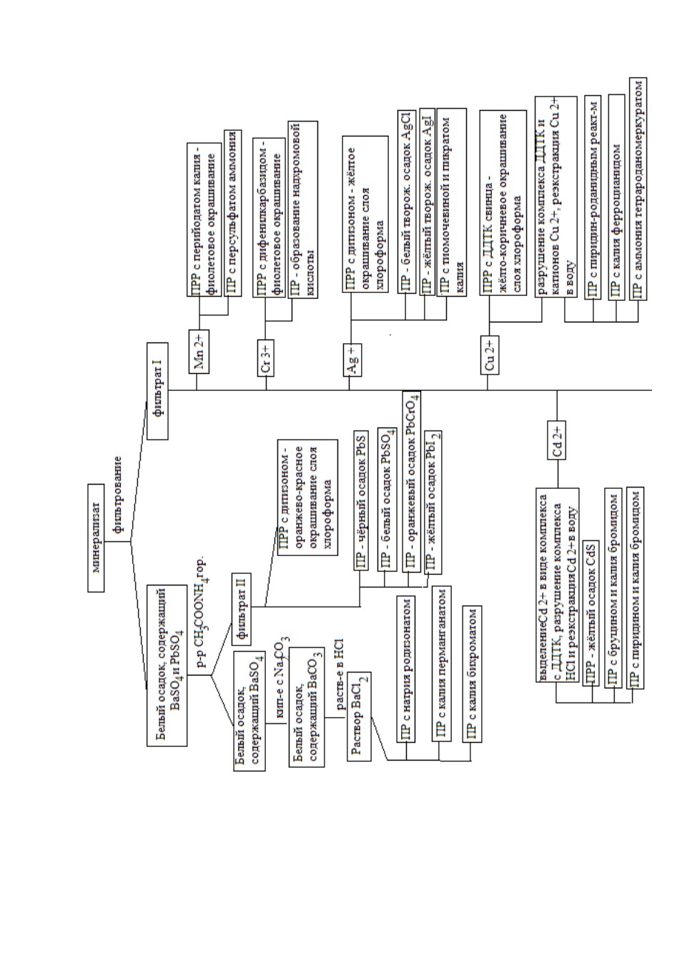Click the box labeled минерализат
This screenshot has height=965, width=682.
pos(96,538)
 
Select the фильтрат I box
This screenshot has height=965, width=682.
pos(157,391)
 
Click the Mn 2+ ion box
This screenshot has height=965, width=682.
pos(199,352)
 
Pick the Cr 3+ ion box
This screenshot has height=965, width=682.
pos(266,358)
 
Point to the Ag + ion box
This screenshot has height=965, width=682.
pos(352,360)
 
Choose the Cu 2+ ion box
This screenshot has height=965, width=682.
pos(490,355)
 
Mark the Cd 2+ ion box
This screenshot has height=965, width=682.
pos(557,440)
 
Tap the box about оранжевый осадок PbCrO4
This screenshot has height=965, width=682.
pos(412,482)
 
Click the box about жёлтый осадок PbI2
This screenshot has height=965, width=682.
pos(433,503)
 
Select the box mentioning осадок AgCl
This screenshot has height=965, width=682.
pos(407,202)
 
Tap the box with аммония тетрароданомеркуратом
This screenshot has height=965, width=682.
pos(638,189)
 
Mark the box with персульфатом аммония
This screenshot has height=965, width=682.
pos(232,213)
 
